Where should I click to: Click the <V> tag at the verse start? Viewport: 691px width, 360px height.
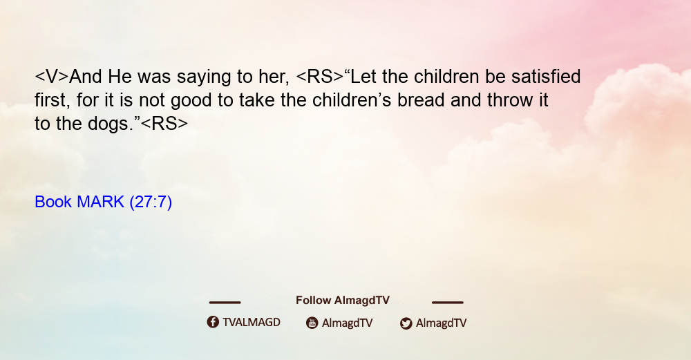tap(52, 77)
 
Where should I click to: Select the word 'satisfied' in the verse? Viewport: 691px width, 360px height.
tap(546, 76)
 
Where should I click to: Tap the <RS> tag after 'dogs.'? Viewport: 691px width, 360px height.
tap(164, 124)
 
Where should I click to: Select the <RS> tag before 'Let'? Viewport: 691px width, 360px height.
tap(320, 77)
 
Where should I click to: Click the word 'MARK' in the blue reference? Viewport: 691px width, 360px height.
tap(100, 202)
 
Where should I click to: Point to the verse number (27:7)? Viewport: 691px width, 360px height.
tap(151, 202)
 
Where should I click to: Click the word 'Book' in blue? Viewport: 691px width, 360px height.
tap(53, 202)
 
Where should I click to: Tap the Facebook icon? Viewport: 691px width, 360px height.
tap(213, 322)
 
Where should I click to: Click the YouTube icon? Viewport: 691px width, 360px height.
tap(312, 323)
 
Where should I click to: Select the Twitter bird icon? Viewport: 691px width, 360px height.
tap(406, 323)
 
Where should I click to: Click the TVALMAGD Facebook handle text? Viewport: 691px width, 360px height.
tap(252, 322)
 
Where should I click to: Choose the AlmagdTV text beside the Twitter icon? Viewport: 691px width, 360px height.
tap(441, 323)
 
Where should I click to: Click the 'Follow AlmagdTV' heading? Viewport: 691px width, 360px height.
tap(343, 301)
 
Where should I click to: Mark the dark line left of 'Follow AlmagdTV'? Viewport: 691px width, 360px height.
tap(225, 303)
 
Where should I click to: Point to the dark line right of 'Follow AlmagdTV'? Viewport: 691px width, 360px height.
tap(447, 303)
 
